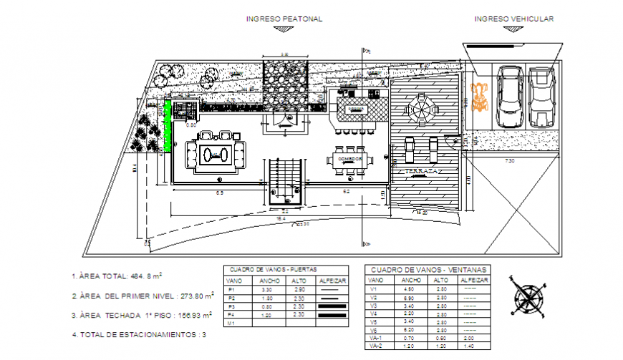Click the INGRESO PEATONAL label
click(x=284, y=19)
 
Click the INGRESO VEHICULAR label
click(x=513, y=19)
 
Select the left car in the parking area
click(x=509, y=98)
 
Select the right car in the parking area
click(x=542, y=98)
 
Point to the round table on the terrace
click(x=419, y=110)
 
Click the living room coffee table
click(x=215, y=153)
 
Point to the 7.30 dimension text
click(x=509, y=161)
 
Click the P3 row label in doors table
click(x=231, y=306)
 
